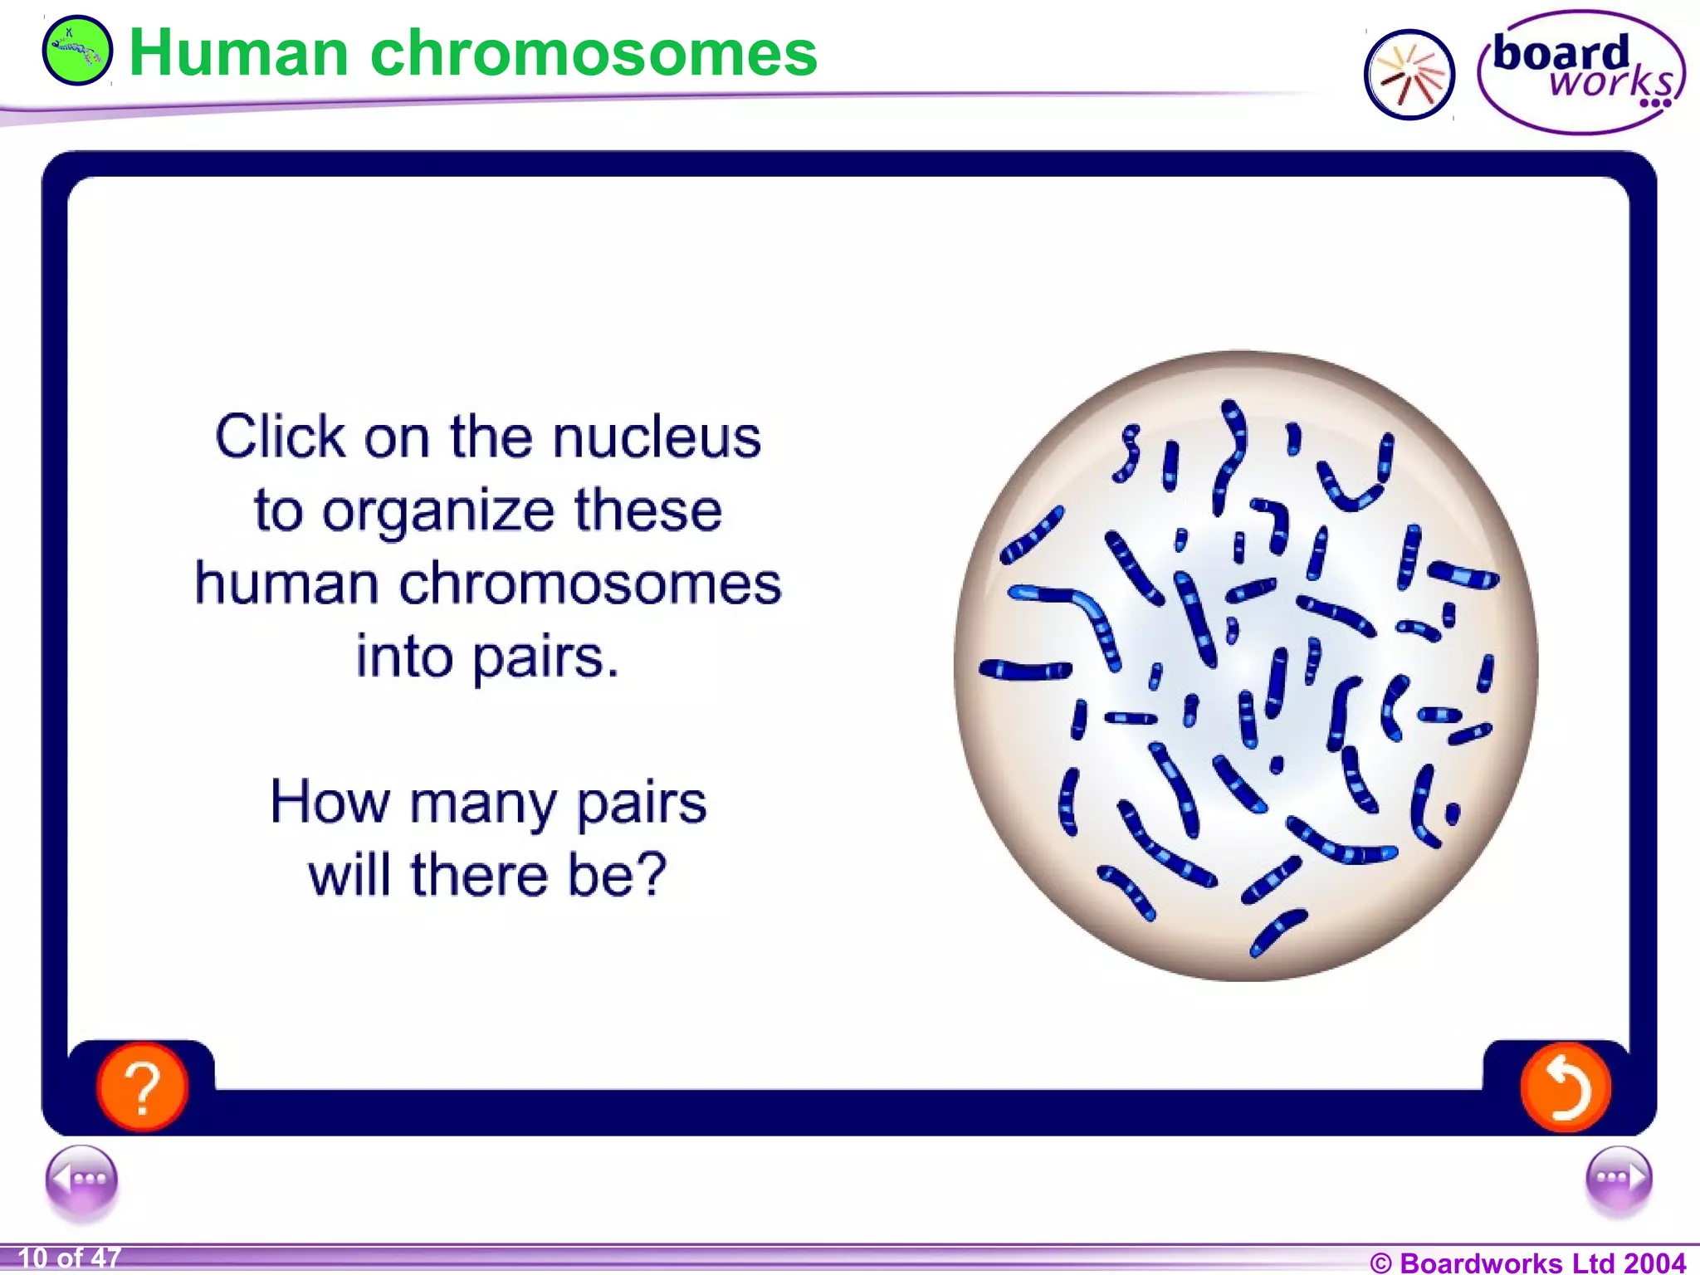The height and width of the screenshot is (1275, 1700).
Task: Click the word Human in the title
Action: (238, 53)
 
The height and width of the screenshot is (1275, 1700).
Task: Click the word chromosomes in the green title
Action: (594, 53)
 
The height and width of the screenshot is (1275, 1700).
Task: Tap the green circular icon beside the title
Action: (76, 51)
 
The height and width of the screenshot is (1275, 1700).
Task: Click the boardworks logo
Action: (1580, 71)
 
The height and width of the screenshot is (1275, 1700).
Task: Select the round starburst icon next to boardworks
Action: (1409, 75)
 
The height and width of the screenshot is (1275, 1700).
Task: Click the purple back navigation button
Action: (81, 1178)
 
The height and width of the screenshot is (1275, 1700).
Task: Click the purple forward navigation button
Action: (1618, 1178)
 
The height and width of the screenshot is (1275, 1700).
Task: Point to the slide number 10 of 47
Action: (69, 1258)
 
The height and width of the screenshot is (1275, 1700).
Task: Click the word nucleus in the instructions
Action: (656, 437)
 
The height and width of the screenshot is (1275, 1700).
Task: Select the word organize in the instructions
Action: (438, 511)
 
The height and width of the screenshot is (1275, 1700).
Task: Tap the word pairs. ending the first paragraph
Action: (545, 657)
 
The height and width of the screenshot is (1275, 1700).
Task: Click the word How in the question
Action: (330, 803)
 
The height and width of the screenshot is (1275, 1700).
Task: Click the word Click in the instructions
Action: (280, 437)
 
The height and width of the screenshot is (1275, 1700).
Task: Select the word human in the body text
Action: (286, 584)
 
